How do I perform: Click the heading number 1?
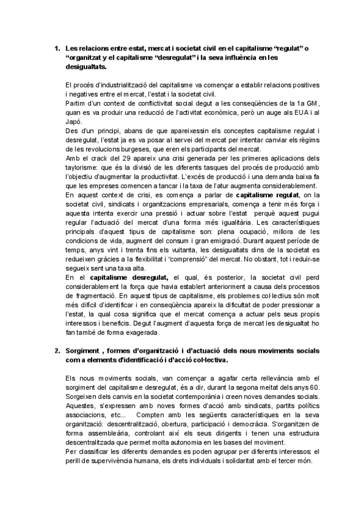click(55, 47)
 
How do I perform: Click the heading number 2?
click(55, 352)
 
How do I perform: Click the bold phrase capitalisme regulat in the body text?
click(267, 195)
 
